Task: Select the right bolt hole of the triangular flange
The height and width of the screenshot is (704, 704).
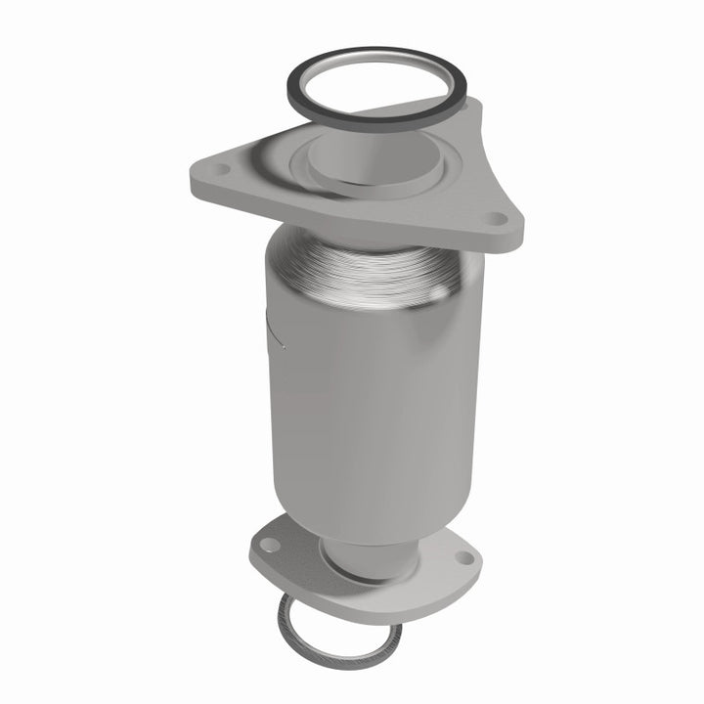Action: coord(500,220)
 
